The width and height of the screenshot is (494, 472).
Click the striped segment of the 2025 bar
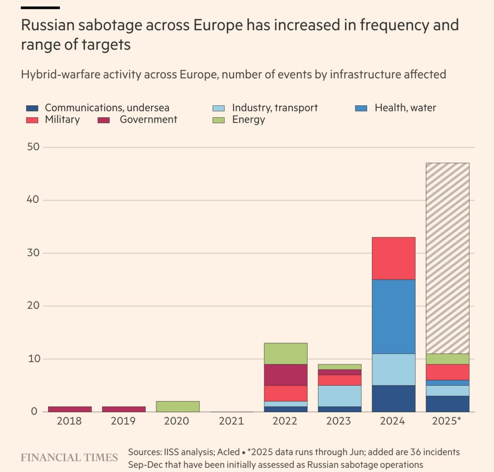[x=447, y=258]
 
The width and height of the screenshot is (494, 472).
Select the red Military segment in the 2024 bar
[x=394, y=258]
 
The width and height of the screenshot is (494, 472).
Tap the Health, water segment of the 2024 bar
[x=394, y=316]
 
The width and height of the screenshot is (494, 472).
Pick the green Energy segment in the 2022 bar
[x=286, y=354]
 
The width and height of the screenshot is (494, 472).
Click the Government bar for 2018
[x=70, y=409]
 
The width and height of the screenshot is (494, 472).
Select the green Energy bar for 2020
[x=178, y=406]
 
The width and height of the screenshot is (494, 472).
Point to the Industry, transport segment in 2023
[x=340, y=396]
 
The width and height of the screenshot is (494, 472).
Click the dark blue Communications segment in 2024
[x=394, y=398]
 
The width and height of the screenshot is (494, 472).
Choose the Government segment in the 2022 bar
[x=286, y=375]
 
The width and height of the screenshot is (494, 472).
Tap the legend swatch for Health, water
[x=361, y=108]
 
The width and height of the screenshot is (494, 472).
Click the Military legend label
[x=62, y=120]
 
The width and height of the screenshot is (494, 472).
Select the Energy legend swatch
[x=218, y=120]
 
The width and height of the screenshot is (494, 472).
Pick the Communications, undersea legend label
[x=107, y=108]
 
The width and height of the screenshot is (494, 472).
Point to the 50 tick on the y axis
[x=33, y=147]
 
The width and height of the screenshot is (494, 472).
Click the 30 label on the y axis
[x=33, y=253]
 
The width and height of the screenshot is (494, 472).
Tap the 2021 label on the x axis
[x=231, y=421]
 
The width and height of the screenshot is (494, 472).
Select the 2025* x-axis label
[x=447, y=421]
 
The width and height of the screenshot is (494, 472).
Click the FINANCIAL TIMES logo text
[x=69, y=457]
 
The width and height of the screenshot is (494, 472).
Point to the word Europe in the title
[x=218, y=25]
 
